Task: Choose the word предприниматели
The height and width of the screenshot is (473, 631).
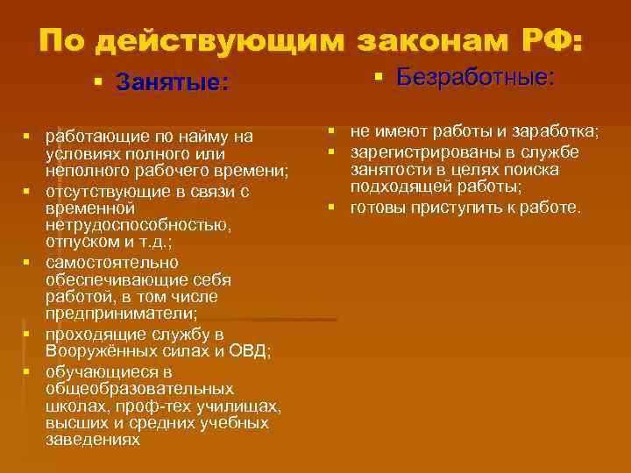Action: click(x=121, y=313)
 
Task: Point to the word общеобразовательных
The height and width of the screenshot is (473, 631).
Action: click(x=138, y=388)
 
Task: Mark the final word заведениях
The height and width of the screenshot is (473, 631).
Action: click(x=92, y=440)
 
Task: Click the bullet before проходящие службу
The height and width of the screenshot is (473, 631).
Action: click(x=28, y=335)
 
